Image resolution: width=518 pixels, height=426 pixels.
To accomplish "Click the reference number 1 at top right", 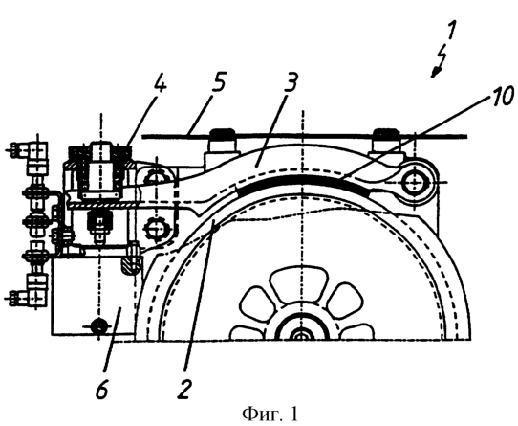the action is [x=451, y=32].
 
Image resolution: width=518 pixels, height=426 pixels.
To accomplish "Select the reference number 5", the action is [x=217, y=80].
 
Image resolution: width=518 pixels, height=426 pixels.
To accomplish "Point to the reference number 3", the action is [x=289, y=81].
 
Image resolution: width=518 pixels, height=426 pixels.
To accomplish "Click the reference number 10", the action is [x=503, y=97].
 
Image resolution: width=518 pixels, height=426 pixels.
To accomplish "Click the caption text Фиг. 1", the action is [x=270, y=414].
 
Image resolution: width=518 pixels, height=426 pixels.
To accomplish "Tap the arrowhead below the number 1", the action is [x=435, y=74].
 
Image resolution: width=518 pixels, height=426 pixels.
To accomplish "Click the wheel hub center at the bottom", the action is [x=302, y=334].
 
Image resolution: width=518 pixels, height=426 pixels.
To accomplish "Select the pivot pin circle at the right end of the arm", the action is [x=413, y=183].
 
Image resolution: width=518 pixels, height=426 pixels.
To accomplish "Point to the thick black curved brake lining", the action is [x=303, y=180].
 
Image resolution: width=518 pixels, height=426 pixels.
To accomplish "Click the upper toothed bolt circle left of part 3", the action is [x=155, y=179].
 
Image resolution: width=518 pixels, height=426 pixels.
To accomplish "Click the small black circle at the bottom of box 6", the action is [x=98, y=326].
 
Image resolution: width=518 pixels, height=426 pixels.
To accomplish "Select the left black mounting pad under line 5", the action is [x=223, y=134].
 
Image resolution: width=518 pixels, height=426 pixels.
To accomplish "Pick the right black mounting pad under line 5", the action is [x=385, y=133].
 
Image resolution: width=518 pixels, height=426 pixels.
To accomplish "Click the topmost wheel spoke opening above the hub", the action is [x=299, y=283].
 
